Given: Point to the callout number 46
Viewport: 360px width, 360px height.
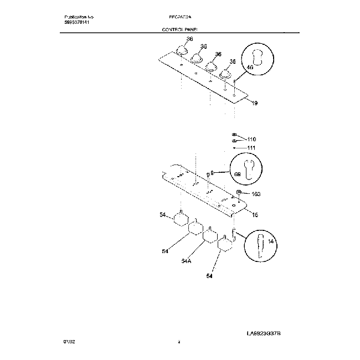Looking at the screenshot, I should coord(249,67).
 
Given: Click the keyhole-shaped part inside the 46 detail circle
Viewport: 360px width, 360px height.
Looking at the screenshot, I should coord(258,58).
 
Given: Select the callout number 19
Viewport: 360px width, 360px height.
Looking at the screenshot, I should coord(254,103).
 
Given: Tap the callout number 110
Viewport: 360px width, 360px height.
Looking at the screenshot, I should coord(252,139).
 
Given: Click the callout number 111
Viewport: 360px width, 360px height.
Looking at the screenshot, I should coord(252,148).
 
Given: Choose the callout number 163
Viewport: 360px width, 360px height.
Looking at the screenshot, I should coord(255,194).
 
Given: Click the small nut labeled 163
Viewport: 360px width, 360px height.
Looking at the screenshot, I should coord(239,192).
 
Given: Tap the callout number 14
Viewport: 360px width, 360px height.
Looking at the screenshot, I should coord(271,242).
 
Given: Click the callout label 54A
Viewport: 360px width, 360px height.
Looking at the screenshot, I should coord(187,260).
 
